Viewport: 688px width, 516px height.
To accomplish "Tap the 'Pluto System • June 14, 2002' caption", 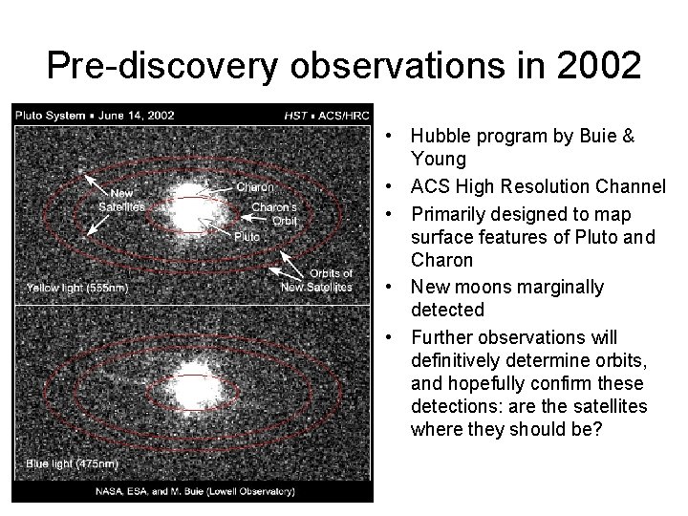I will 94,115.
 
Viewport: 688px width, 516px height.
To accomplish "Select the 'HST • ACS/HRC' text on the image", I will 327,115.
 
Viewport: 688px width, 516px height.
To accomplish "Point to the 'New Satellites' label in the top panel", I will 121,200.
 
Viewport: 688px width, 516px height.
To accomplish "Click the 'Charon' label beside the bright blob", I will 254,187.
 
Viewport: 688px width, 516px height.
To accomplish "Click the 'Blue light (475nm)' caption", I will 72,463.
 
